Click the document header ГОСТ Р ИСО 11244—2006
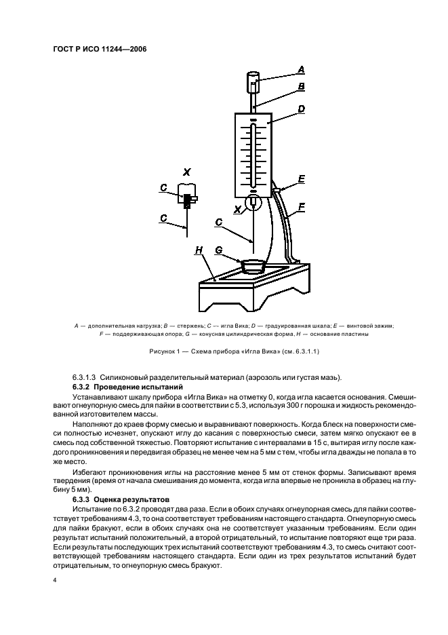click(100, 50)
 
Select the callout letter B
click(301, 87)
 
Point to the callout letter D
click(301, 109)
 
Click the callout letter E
click(301, 179)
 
